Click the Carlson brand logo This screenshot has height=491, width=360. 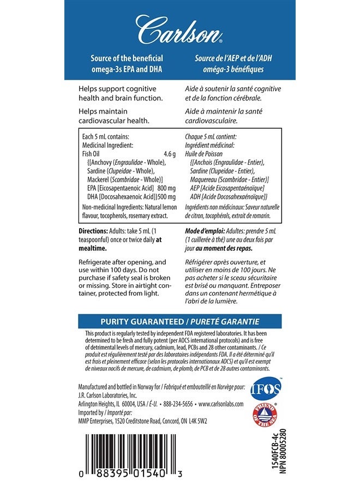click(179, 31)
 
